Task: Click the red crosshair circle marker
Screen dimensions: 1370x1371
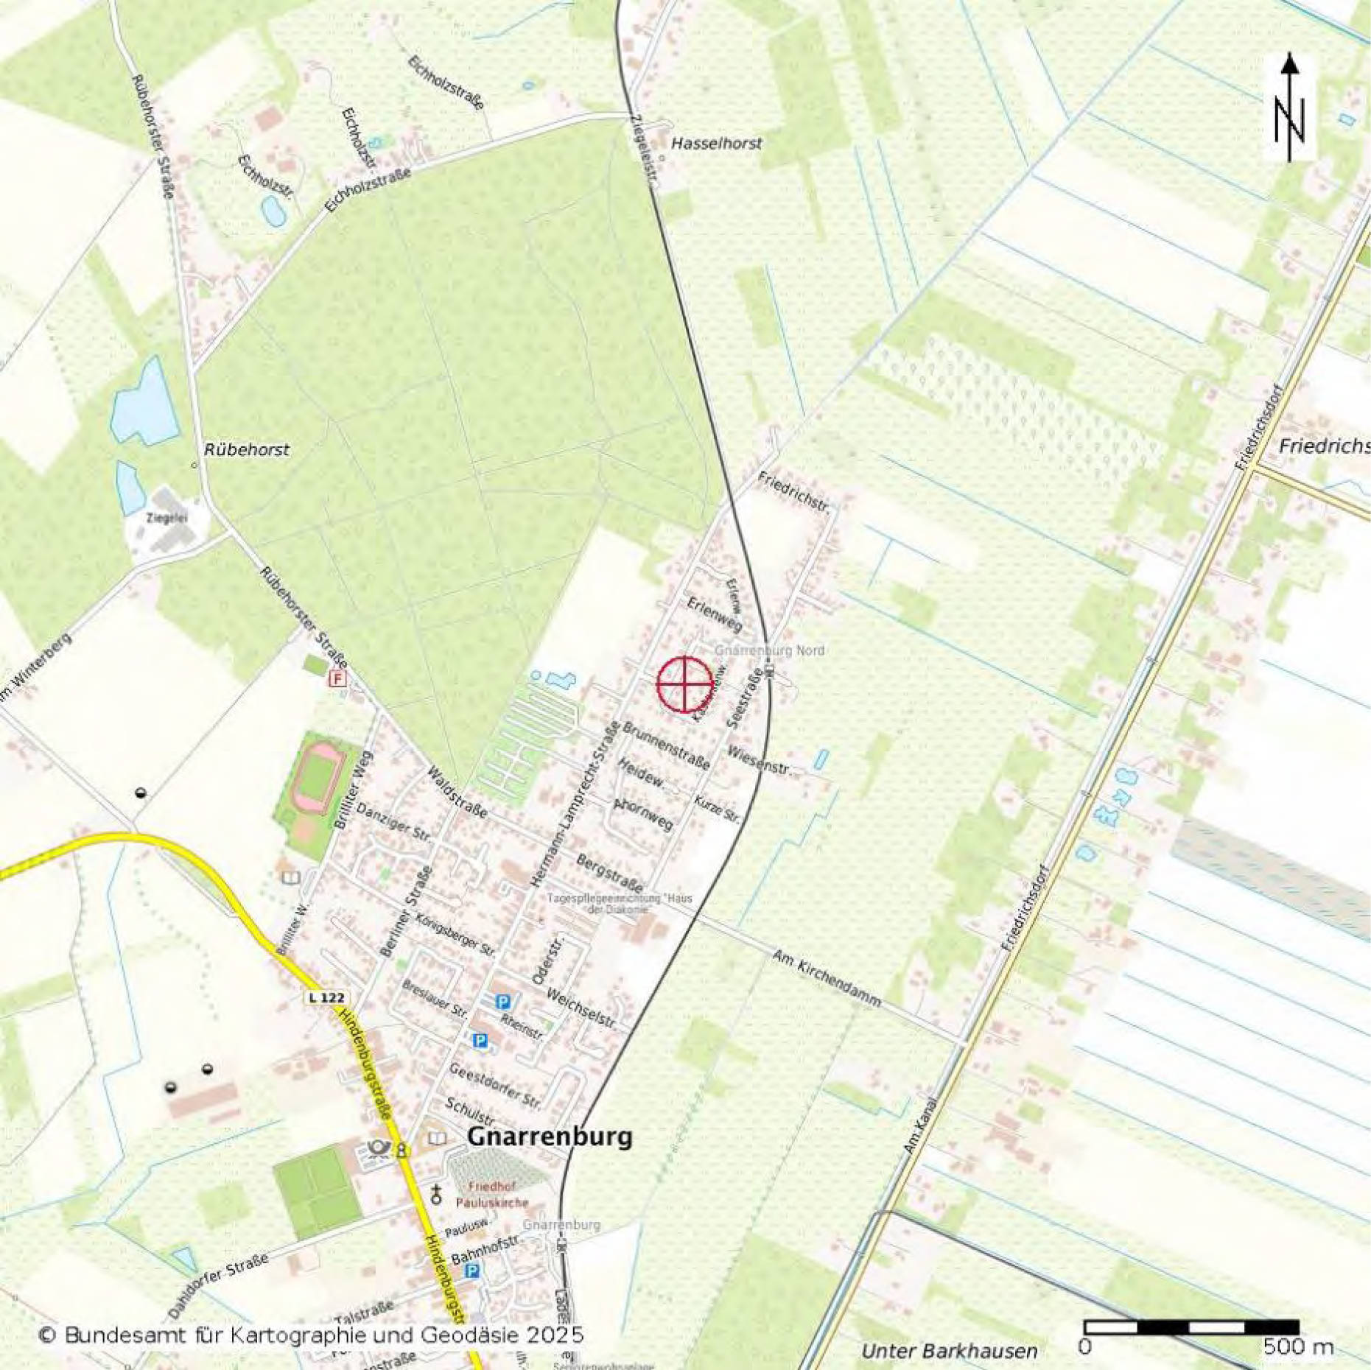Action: pyautogui.click(x=684, y=684)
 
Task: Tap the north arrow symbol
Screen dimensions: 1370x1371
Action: pyautogui.click(x=1289, y=108)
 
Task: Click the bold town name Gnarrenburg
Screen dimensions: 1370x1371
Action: pyautogui.click(x=550, y=1136)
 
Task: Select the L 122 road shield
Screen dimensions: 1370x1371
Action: pyautogui.click(x=326, y=997)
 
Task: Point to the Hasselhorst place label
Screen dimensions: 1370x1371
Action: pyautogui.click(x=716, y=144)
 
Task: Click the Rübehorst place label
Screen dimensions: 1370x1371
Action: pyautogui.click(x=246, y=449)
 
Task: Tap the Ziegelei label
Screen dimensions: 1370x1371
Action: pyautogui.click(x=166, y=518)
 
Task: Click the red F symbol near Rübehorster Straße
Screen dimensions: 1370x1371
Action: pyautogui.click(x=337, y=678)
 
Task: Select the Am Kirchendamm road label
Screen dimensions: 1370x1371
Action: pyautogui.click(x=826, y=978)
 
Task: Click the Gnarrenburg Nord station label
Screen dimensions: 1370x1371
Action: pyautogui.click(x=769, y=650)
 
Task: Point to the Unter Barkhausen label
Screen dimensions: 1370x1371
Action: pyautogui.click(x=949, y=1350)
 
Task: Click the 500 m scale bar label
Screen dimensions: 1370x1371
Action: pyautogui.click(x=1298, y=1347)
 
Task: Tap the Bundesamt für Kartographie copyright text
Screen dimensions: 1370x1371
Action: pyautogui.click(x=310, y=1334)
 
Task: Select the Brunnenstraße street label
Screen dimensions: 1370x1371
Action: pyautogui.click(x=666, y=745)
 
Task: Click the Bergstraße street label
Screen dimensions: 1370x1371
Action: pyautogui.click(x=609, y=872)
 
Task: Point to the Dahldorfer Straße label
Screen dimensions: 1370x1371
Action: pyautogui.click(x=217, y=1286)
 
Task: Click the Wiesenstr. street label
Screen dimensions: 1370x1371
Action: pyautogui.click(x=758, y=761)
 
